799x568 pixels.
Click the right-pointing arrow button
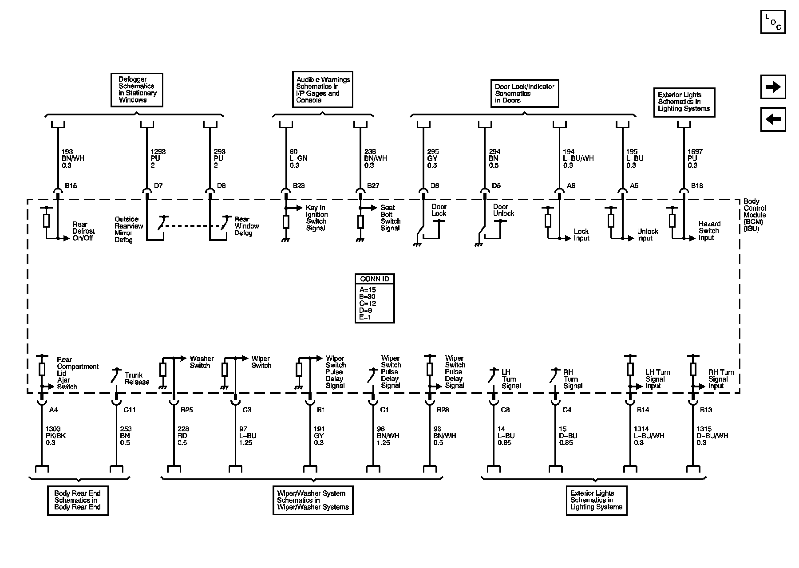coord(773,87)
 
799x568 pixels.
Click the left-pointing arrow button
coord(773,119)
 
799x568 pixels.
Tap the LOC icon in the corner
coord(773,22)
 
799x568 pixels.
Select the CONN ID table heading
coord(375,279)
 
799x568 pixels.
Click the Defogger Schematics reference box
coord(137,90)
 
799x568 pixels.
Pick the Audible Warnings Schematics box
coord(322,90)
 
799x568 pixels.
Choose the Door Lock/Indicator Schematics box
coord(524,94)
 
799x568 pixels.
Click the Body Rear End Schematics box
coord(78,500)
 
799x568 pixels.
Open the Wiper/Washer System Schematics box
coord(313,500)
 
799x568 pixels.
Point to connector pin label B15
coord(71,186)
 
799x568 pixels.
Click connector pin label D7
coord(158,186)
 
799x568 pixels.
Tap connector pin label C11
coord(129,410)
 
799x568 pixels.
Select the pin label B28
coord(443,410)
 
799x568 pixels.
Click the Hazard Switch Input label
coord(709,231)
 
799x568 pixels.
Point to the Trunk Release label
coord(137,379)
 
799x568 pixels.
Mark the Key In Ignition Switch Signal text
coord(316,218)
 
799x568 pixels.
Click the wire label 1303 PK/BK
coord(55,436)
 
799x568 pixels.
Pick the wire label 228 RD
coord(183,436)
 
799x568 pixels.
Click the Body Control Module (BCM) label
coord(755,215)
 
